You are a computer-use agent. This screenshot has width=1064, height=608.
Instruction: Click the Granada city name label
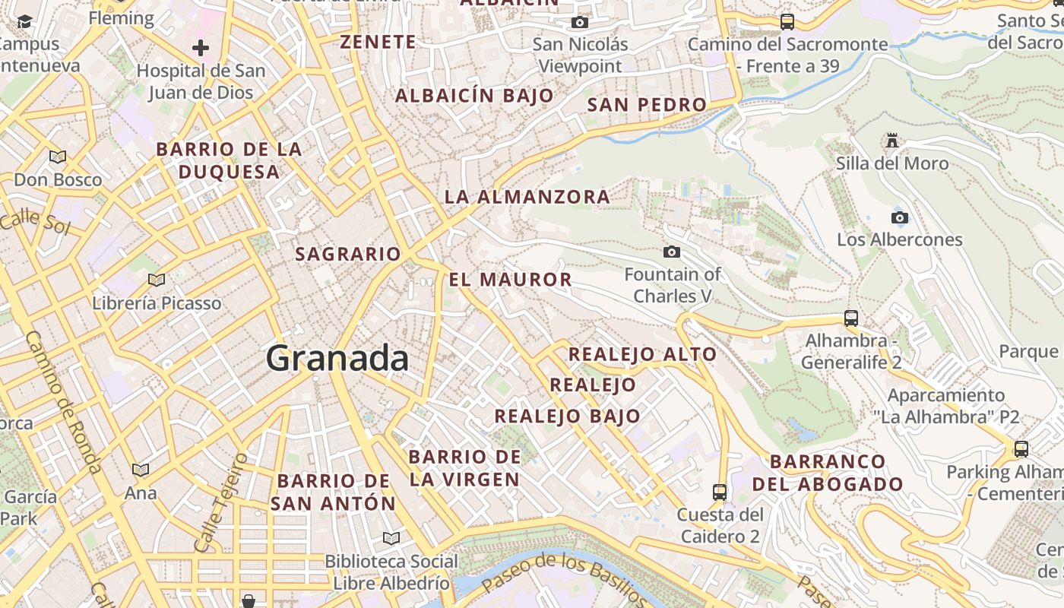coord(337,358)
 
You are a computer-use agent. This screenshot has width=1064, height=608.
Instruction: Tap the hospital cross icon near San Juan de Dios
coord(201,49)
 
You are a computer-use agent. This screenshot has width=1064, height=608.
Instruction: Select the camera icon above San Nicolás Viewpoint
coord(580,23)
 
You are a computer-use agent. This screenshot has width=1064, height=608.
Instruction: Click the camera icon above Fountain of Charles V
coord(672,252)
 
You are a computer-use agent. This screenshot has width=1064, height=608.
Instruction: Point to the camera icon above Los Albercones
coord(900,218)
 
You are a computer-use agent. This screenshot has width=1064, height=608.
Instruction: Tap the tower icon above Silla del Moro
coord(892,141)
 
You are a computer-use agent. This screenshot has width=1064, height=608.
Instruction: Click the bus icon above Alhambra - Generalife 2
coord(851,318)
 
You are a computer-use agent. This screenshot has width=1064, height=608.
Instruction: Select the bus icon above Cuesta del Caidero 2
coord(720,492)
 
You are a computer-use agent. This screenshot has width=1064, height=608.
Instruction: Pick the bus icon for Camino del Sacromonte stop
coord(787,22)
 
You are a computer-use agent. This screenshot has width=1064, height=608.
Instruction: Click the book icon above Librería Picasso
coord(157,280)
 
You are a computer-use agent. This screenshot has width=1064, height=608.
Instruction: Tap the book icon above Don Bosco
coord(58,157)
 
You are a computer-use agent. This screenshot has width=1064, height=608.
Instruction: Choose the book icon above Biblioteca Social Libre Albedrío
coord(391,539)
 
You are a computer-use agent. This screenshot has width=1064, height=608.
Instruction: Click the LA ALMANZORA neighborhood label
coord(527,197)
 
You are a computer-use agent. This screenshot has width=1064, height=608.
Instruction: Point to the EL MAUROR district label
coord(511,280)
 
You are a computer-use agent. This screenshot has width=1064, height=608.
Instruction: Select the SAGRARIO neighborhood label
coord(348,254)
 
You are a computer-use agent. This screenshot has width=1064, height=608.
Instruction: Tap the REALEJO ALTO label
coord(642,354)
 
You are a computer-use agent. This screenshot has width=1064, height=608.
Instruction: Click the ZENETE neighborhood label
coord(378,42)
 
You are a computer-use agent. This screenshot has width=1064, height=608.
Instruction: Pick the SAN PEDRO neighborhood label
coord(647,105)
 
